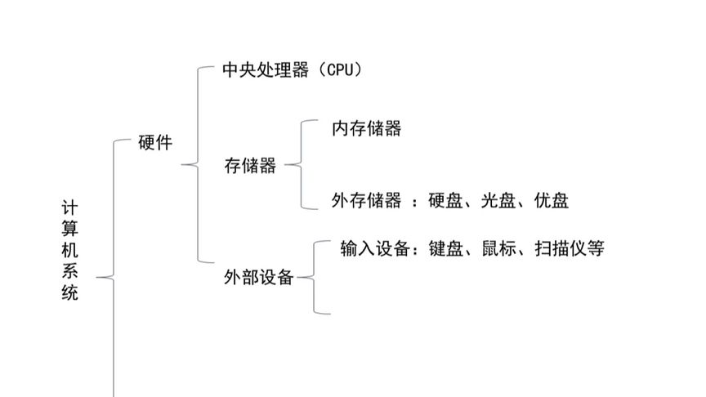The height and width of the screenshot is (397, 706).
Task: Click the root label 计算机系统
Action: click(x=70, y=250)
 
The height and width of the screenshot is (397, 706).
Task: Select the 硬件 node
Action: click(x=155, y=143)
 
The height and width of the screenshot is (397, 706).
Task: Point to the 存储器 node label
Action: click(x=250, y=166)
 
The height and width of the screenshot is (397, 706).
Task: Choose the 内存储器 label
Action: click(x=366, y=128)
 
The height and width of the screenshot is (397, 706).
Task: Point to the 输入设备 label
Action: click(x=374, y=248)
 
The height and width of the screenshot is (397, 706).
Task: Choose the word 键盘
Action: click(x=445, y=248)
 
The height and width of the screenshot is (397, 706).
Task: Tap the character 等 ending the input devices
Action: click(x=596, y=248)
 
